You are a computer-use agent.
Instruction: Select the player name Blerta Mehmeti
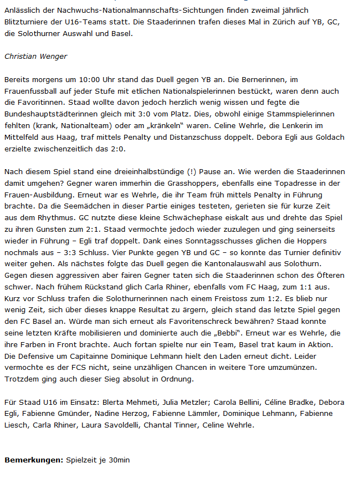(125, 402)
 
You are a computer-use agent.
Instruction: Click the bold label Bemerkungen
(33, 460)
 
